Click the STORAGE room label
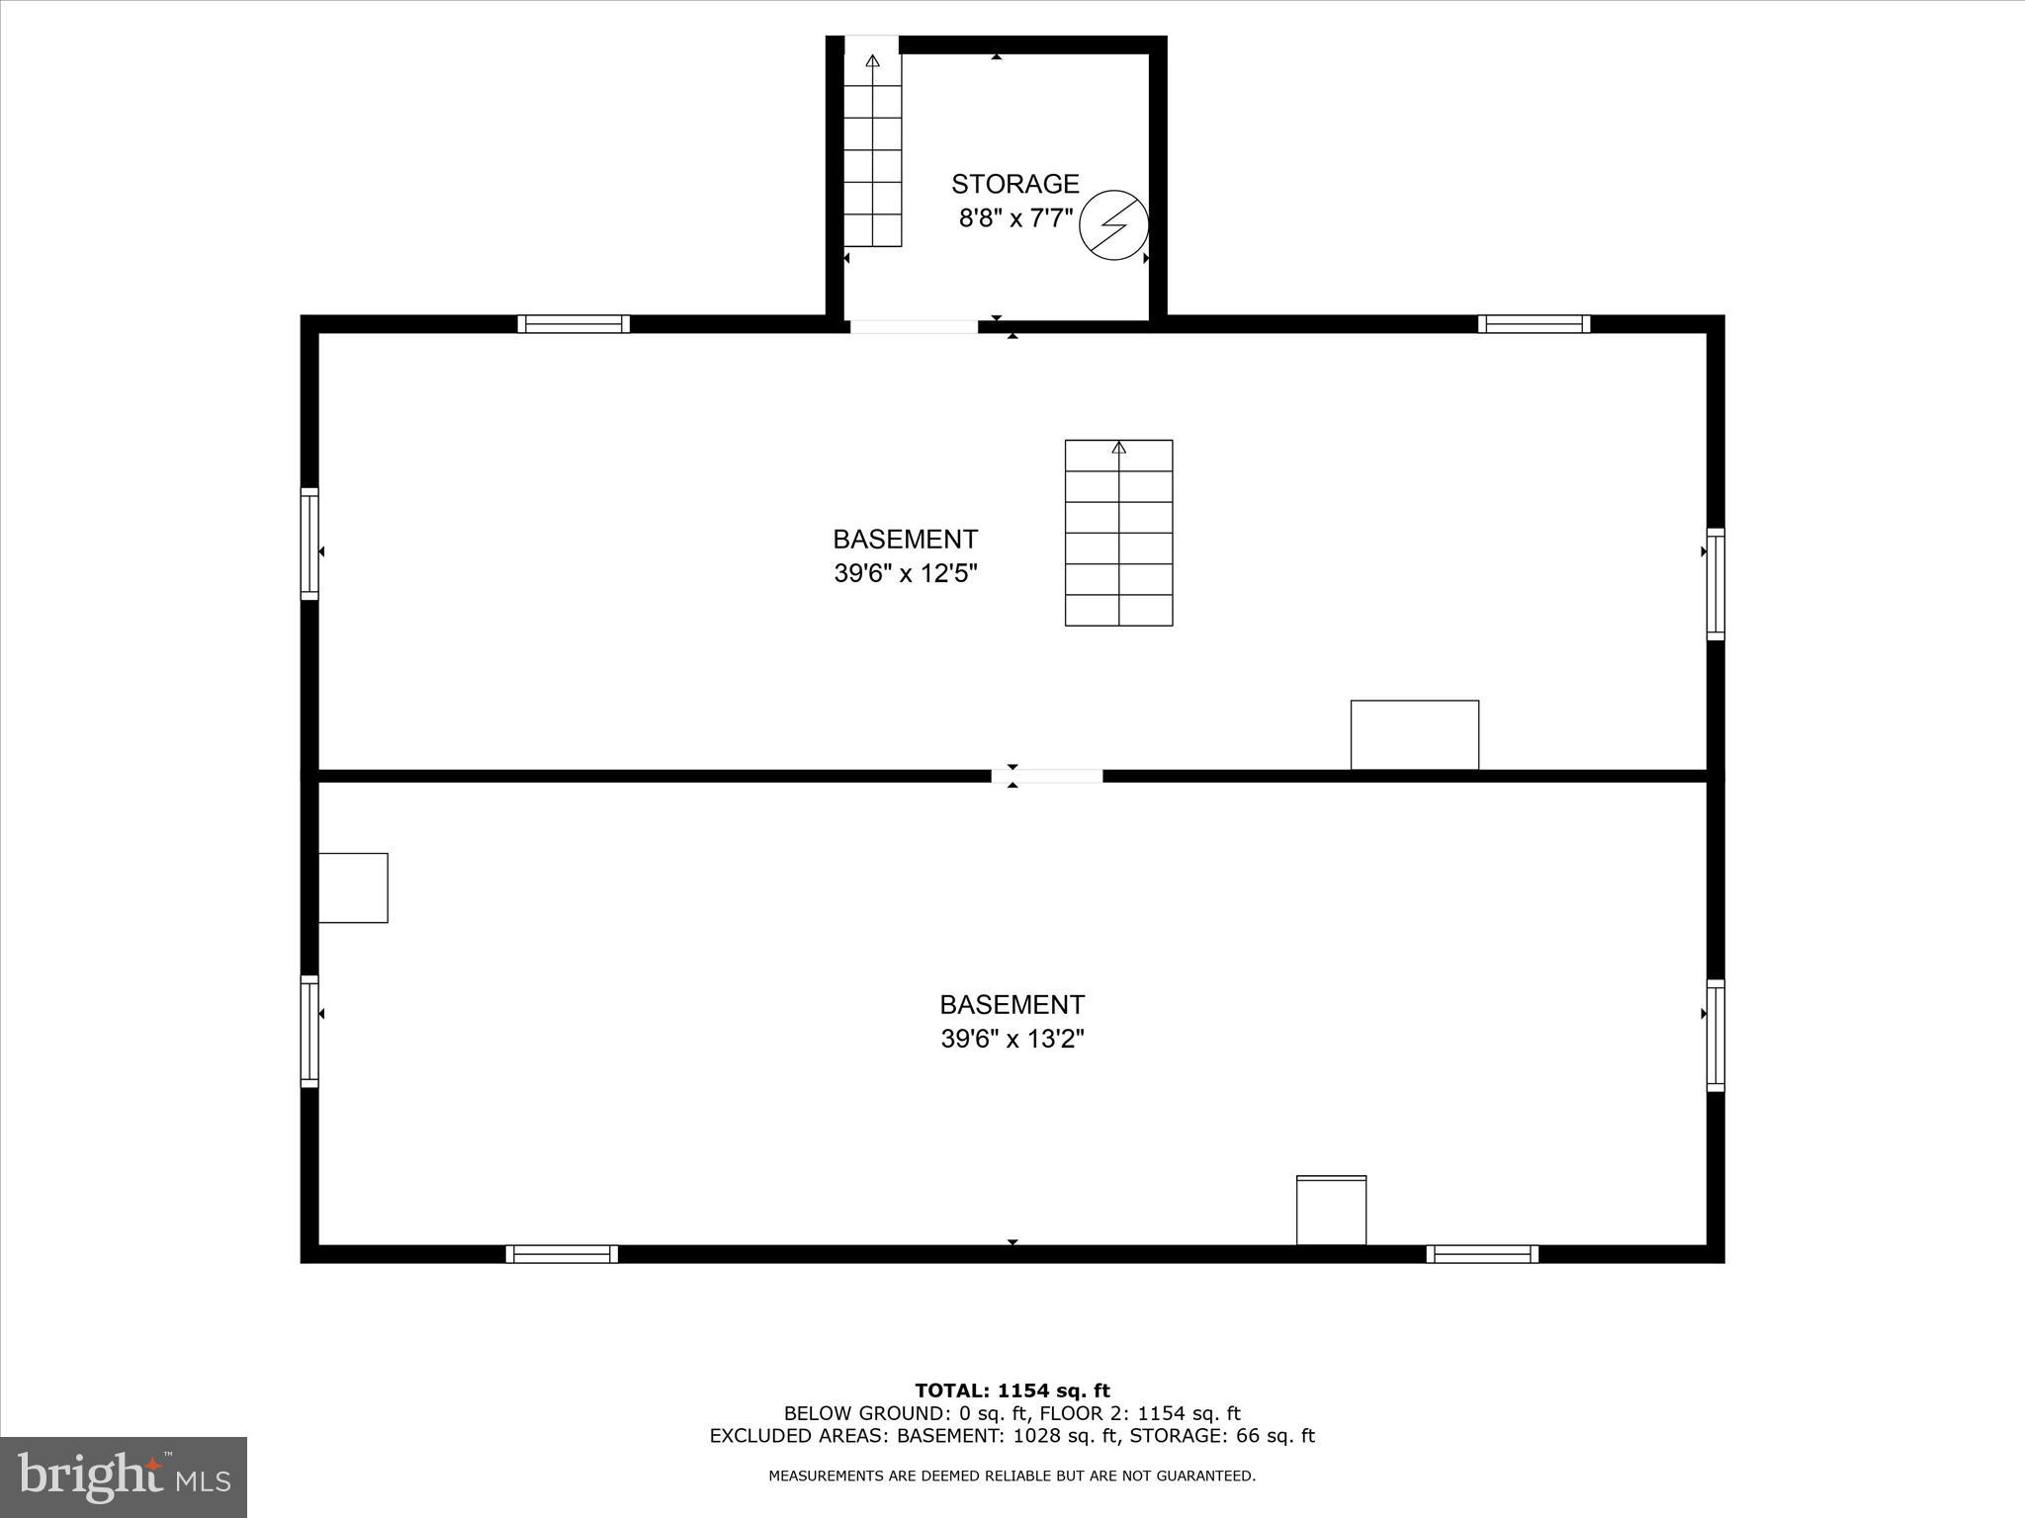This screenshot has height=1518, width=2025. click(x=1014, y=184)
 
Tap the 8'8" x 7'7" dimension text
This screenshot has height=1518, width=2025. click(x=1014, y=218)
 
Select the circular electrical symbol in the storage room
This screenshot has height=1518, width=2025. click(x=1113, y=225)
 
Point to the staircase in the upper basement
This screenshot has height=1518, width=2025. click(x=1118, y=533)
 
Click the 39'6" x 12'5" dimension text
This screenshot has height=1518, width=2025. click(x=905, y=573)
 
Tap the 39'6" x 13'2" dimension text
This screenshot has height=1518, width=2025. click(x=1012, y=1039)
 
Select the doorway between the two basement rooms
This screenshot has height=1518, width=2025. click(x=1047, y=776)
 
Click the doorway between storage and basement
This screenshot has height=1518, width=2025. click(x=914, y=325)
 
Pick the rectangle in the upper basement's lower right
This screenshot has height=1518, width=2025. click(x=1414, y=734)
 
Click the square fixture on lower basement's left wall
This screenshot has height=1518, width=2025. click(x=353, y=887)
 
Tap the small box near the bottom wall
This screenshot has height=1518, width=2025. click(x=1331, y=1210)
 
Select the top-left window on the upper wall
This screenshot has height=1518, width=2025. click(x=573, y=324)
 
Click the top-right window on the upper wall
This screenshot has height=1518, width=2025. click(x=1534, y=324)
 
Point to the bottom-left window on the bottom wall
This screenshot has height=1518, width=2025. click(x=562, y=1254)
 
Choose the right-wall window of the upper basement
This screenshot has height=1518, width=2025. click(x=1716, y=584)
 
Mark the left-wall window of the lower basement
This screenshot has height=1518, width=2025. click(x=309, y=1031)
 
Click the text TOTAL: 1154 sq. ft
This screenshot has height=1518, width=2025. click(x=1012, y=1391)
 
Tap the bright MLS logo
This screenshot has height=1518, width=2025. click(x=124, y=1476)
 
